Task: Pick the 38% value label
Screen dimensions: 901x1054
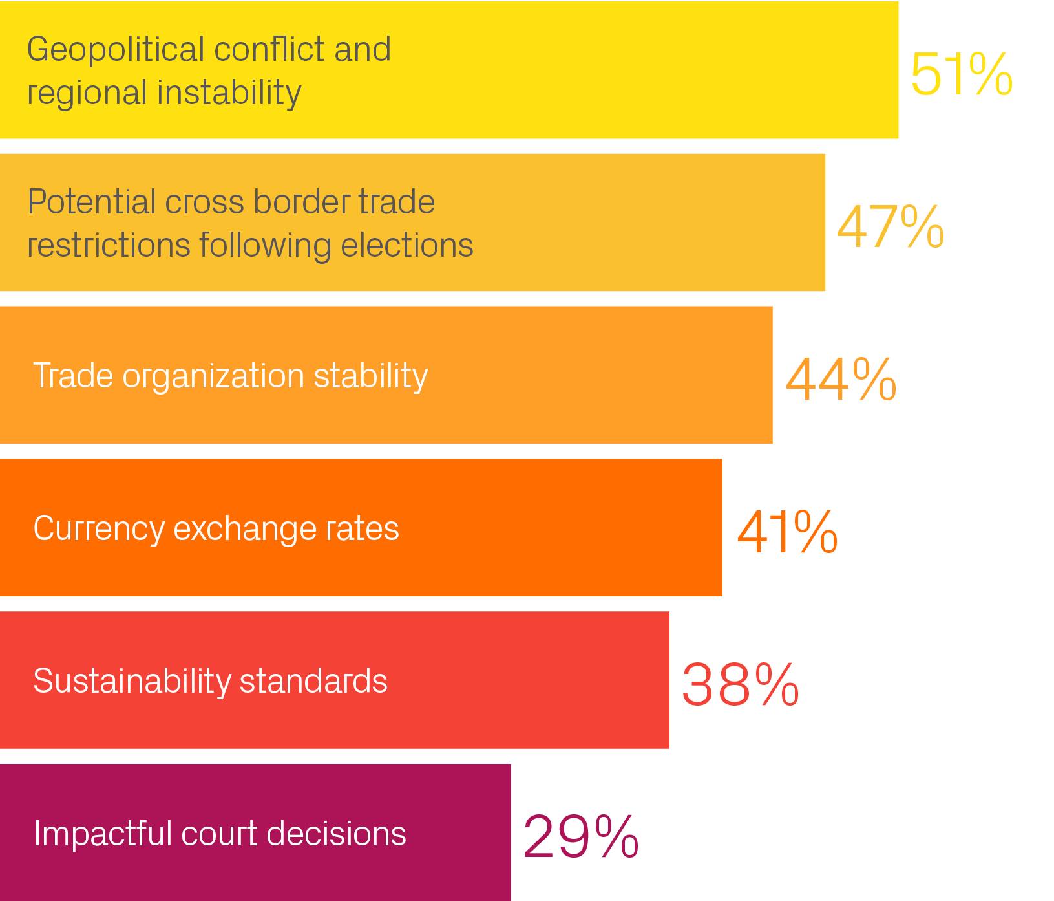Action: (x=740, y=684)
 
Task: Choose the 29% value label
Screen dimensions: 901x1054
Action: (x=580, y=837)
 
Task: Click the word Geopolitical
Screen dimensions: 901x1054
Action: (x=116, y=50)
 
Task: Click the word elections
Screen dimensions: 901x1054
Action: (x=406, y=245)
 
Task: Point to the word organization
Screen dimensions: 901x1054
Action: (x=213, y=376)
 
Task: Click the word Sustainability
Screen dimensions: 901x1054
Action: (x=132, y=681)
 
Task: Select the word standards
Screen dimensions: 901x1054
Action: (x=313, y=681)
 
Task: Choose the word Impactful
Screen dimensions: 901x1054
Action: (x=102, y=833)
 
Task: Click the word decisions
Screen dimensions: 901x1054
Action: (x=336, y=833)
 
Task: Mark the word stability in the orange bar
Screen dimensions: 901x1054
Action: (x=370, y=376)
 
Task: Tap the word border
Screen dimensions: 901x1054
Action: (x=301, y=202)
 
